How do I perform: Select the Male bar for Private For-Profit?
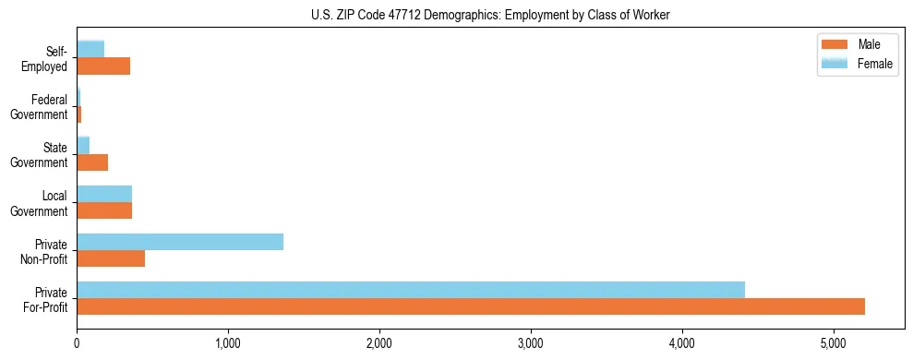(471, 306)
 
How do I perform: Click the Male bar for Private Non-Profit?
(111, 258)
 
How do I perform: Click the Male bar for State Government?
(92, 162)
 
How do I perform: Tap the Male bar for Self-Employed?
(103, 66)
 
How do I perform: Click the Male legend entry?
(869, 45)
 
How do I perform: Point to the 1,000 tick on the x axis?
(228, 344)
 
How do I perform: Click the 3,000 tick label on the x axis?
(531, 344)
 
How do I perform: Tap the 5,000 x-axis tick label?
(834, 344)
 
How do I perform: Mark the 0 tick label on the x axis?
(77, 344)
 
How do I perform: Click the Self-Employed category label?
(46, 59)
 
